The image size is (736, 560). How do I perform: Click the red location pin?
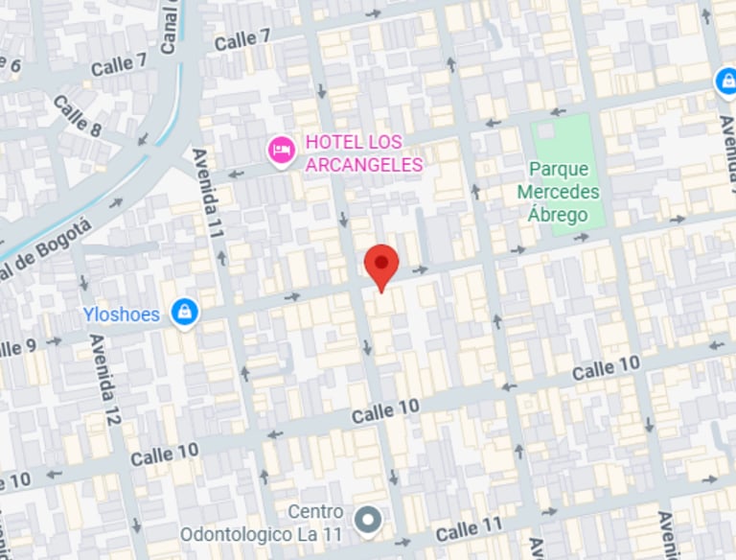coord(382,263)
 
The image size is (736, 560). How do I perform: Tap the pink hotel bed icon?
coord(281,150)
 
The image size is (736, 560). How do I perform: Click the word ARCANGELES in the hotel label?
coord(364,165)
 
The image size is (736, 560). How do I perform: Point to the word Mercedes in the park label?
coord(558,192)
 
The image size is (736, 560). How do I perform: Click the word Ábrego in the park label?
coord(558,214)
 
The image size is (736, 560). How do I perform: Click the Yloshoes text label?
coord(121,315)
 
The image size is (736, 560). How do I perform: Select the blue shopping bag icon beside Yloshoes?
coord(184,312)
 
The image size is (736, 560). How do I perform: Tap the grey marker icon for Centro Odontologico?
coord(367,521)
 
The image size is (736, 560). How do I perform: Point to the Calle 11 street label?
coord(469,529)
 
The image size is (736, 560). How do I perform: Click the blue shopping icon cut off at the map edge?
coord(726,82)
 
